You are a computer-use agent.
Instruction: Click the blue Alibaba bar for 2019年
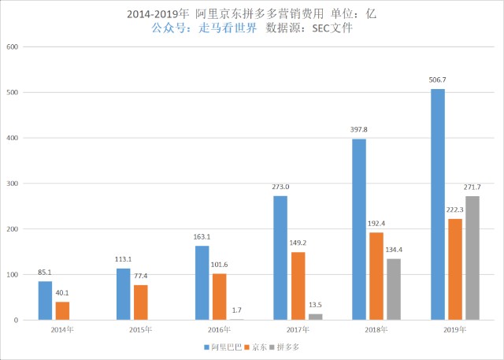438,205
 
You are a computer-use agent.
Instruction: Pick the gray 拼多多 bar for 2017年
316,317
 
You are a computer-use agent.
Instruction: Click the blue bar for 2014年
45,300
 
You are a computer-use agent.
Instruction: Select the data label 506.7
438,80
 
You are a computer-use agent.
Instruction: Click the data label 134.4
394,251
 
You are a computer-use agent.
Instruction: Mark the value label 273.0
280,187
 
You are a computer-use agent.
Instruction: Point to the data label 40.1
62,294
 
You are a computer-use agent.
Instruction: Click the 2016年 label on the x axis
219,330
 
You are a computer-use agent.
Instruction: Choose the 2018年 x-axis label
376,330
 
